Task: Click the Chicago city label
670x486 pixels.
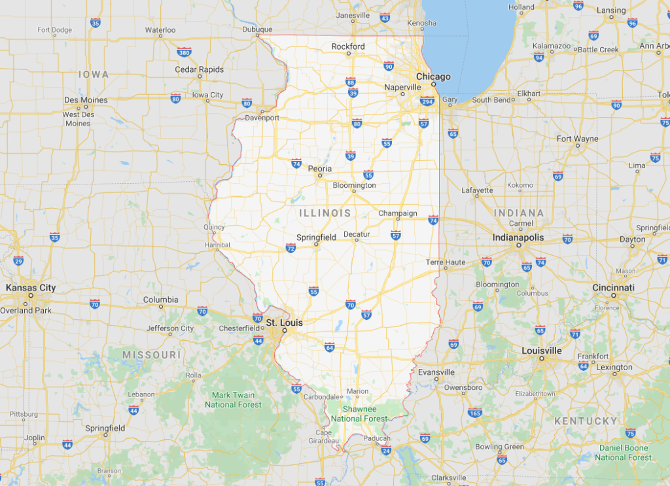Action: (433, 77)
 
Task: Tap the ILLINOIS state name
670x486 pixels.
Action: (325, 213)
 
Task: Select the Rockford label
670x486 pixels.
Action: (348, 46)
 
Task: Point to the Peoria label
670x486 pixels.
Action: (320, 169)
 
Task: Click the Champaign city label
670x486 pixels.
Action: (397, 213)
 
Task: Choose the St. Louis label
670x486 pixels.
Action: (284, 322)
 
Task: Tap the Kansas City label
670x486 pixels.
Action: (31, 288)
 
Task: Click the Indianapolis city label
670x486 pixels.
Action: (518, 237)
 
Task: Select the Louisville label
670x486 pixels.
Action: (542, 351)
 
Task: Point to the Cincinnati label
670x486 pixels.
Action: (613, 288)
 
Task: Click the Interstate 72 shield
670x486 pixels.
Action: (291, 248)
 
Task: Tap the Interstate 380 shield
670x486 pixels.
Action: (184, 52)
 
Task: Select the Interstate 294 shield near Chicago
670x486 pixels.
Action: (427, 101)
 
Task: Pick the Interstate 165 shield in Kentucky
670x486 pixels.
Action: (475, 413)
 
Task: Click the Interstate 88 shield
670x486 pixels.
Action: (351, 82)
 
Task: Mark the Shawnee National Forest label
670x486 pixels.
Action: (359, 414)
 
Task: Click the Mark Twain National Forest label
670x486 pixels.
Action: (233, 400)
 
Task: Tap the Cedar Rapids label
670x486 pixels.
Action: (199, 69)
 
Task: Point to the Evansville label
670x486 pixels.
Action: (436, 372)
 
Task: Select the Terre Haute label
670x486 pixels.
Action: (446, 262)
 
